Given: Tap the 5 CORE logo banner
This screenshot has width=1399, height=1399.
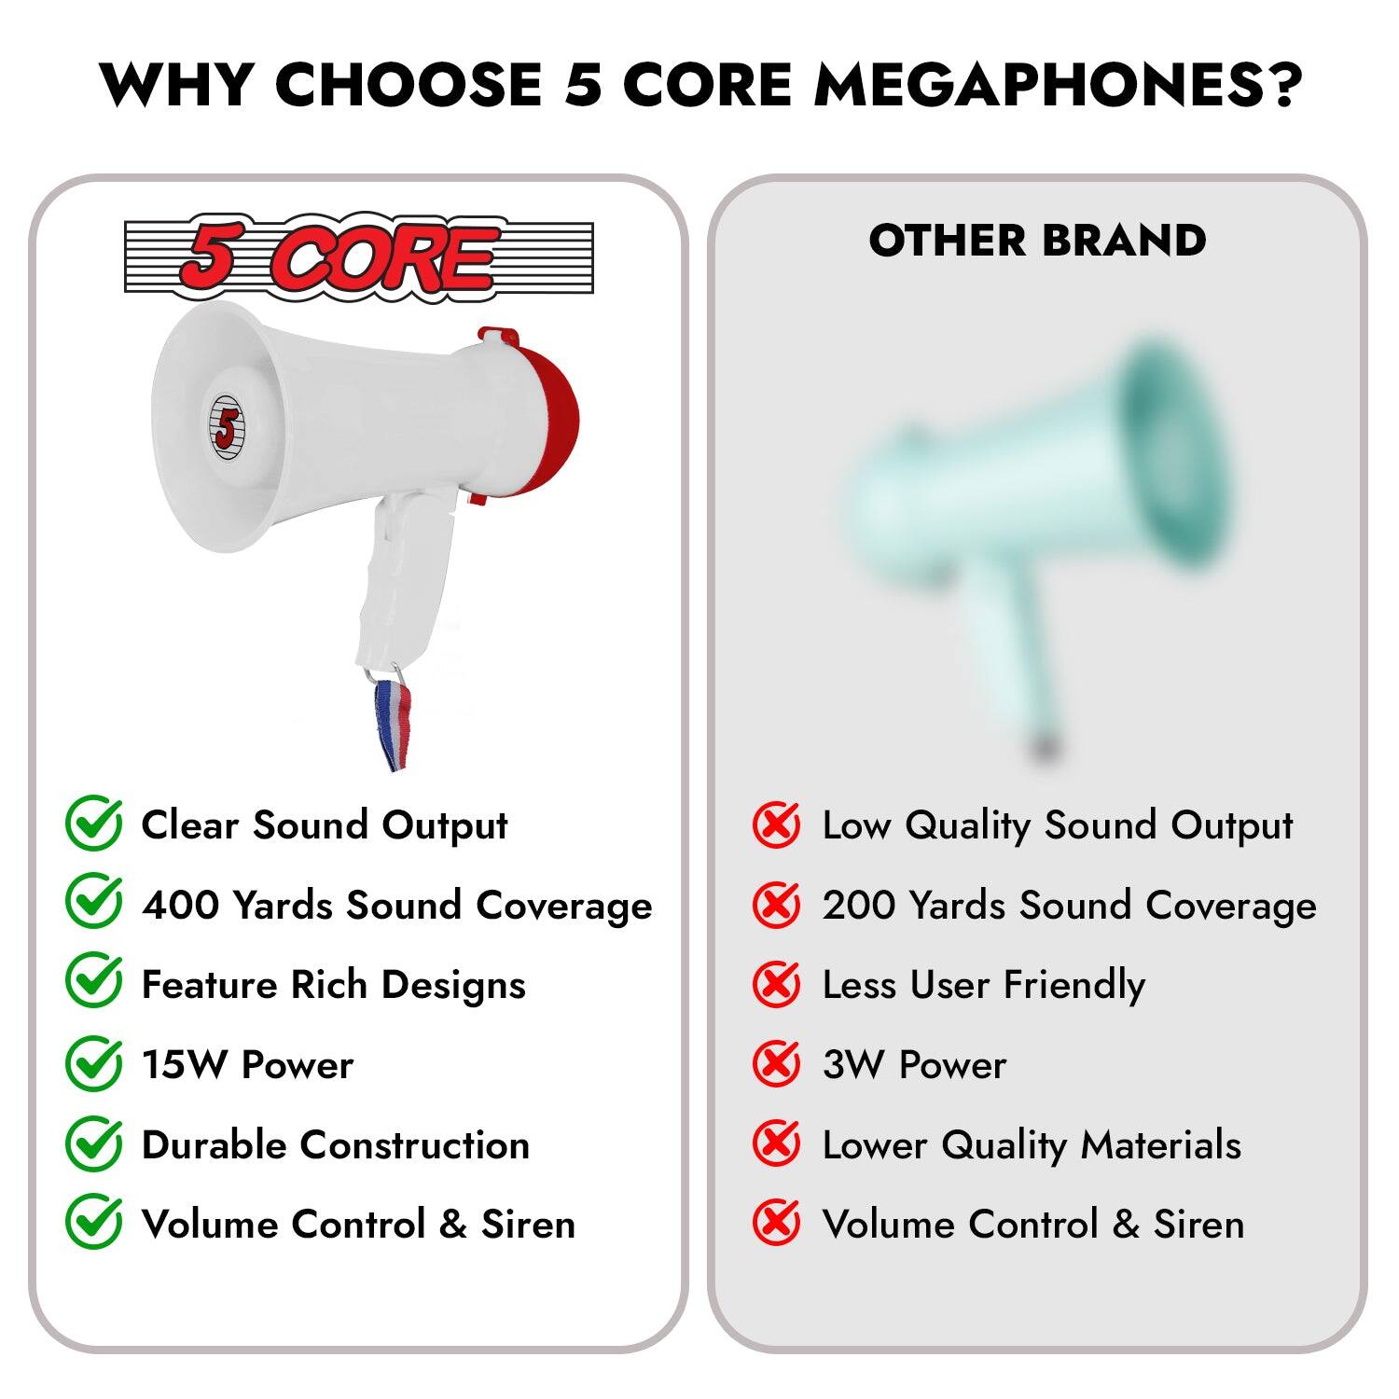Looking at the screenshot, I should [x=359, y=256].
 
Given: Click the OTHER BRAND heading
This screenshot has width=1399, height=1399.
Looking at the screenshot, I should [x=1037, y=241].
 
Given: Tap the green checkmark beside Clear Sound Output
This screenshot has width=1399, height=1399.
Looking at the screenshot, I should [x=93, y=824].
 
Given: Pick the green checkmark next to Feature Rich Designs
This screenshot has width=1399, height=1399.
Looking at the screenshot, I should [x=93, y=983].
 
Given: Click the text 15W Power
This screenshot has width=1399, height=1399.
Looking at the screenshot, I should [x=247, y=1064].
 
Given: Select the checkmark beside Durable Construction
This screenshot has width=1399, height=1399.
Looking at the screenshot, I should [x=93, y=1144].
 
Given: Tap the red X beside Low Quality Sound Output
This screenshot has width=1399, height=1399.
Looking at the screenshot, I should [x=776, y=824].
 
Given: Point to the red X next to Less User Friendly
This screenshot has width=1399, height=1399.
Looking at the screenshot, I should [x=776, y=984].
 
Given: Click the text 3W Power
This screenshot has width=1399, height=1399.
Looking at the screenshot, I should [x=914, y=1064].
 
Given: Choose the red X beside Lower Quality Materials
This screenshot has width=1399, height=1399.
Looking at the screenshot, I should [x=776, y=1144].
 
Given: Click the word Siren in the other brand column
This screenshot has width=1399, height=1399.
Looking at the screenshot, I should [x=1198, y=1225].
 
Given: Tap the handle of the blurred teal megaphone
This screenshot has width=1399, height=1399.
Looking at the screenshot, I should [x=1012, y=653].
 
